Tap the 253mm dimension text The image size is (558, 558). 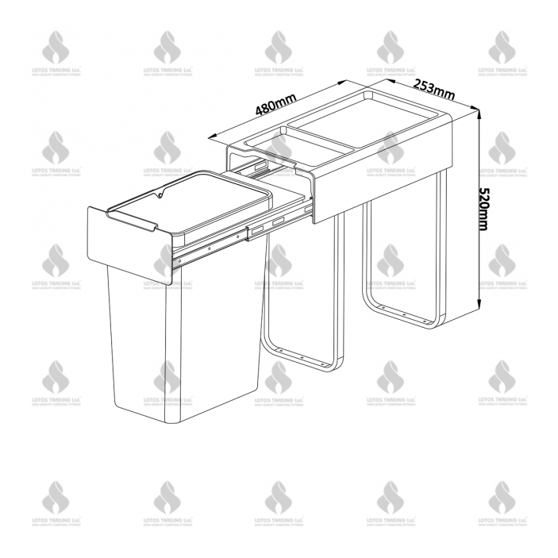pyautogui.click(x=433, y=87)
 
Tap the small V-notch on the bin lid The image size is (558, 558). pyautogui.click(x=159, y=195)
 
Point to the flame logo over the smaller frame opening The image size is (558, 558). pyautogui.click(x=279, y=147)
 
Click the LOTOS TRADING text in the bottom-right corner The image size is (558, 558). pyautogui.click(x=502, y=521)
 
